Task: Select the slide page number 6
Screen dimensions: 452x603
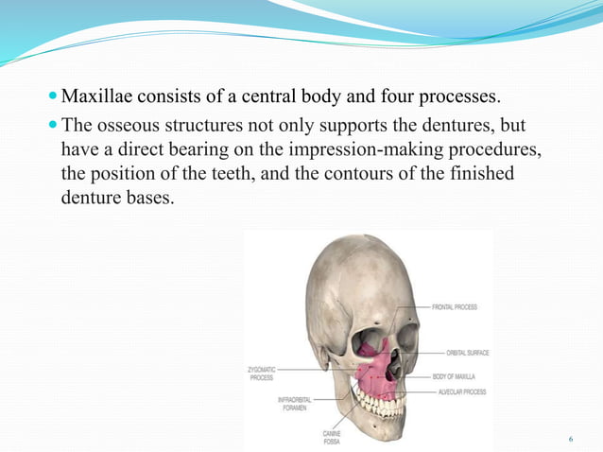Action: coord(571,440)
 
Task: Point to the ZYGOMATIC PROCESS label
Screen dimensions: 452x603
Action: coord(262,374)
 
